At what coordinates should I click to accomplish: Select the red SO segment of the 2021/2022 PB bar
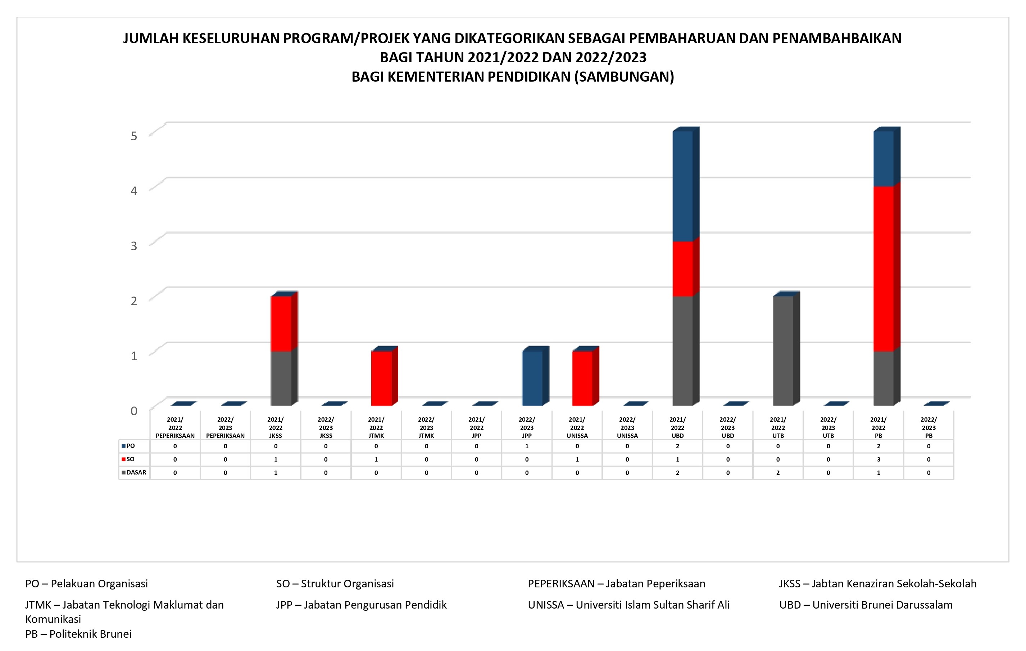(x=883, y=268)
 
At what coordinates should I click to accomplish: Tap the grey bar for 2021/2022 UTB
(x=783, y=351)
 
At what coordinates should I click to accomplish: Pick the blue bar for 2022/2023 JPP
(x=532, y=378)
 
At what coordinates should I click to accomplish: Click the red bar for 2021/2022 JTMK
(x=381, y=378)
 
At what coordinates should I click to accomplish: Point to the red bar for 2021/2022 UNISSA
(x=582, y=378)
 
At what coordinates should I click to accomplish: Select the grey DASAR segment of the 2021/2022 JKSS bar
(x=281, y=378)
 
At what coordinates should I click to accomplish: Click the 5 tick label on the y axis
(x=134, y=136)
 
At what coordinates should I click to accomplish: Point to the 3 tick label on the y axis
(x=134, y=246)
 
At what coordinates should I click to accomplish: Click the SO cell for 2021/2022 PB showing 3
(x=878, y=459)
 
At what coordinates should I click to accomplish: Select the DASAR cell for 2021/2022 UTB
(x=778, y=473)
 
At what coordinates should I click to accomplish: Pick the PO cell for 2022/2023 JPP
(x=527, y=446)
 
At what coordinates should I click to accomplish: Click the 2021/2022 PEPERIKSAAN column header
(x=175, y=427)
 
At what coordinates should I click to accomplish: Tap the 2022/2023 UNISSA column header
(x=627, y=427)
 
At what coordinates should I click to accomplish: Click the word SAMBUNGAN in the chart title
(x=623, y=77)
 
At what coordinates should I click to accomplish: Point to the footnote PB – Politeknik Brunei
(x=78, y=634)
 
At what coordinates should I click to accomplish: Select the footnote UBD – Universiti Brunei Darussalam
(x=866, y=605)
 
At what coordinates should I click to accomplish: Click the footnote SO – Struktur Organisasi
(x=335, y=583)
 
